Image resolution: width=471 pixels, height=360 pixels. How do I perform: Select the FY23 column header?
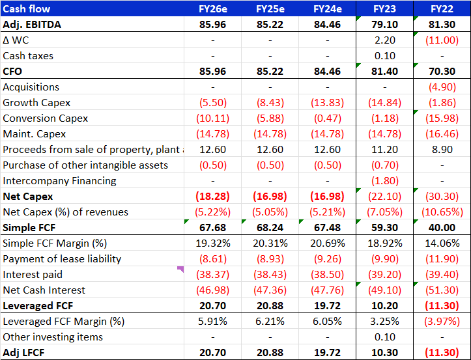[385, 8]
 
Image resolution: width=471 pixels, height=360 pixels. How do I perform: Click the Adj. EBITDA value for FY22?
[442, 24]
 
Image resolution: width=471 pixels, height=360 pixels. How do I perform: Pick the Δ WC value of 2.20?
[385, 40]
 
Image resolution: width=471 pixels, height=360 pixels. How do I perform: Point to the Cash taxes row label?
[28, 55]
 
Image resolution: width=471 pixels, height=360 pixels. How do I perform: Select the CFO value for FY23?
[385, 71]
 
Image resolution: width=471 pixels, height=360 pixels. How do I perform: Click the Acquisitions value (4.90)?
[442, 87]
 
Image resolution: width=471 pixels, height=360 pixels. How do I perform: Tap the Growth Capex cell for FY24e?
[328, 102]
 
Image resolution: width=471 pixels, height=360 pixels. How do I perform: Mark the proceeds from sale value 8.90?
[442, 149]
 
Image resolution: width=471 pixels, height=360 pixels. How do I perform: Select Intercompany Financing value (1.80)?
[385, 180]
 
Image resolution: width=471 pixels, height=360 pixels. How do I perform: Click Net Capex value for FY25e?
[270, 196]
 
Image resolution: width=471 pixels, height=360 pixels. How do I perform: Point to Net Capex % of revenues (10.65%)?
[442, 212]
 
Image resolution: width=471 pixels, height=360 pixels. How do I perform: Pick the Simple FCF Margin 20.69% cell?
[328, 243]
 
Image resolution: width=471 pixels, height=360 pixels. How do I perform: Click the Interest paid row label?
[33, 274]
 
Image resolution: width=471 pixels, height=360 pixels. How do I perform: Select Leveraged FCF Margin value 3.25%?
[385, 321]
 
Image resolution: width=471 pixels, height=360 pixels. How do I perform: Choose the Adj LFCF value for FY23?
[385, 352]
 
